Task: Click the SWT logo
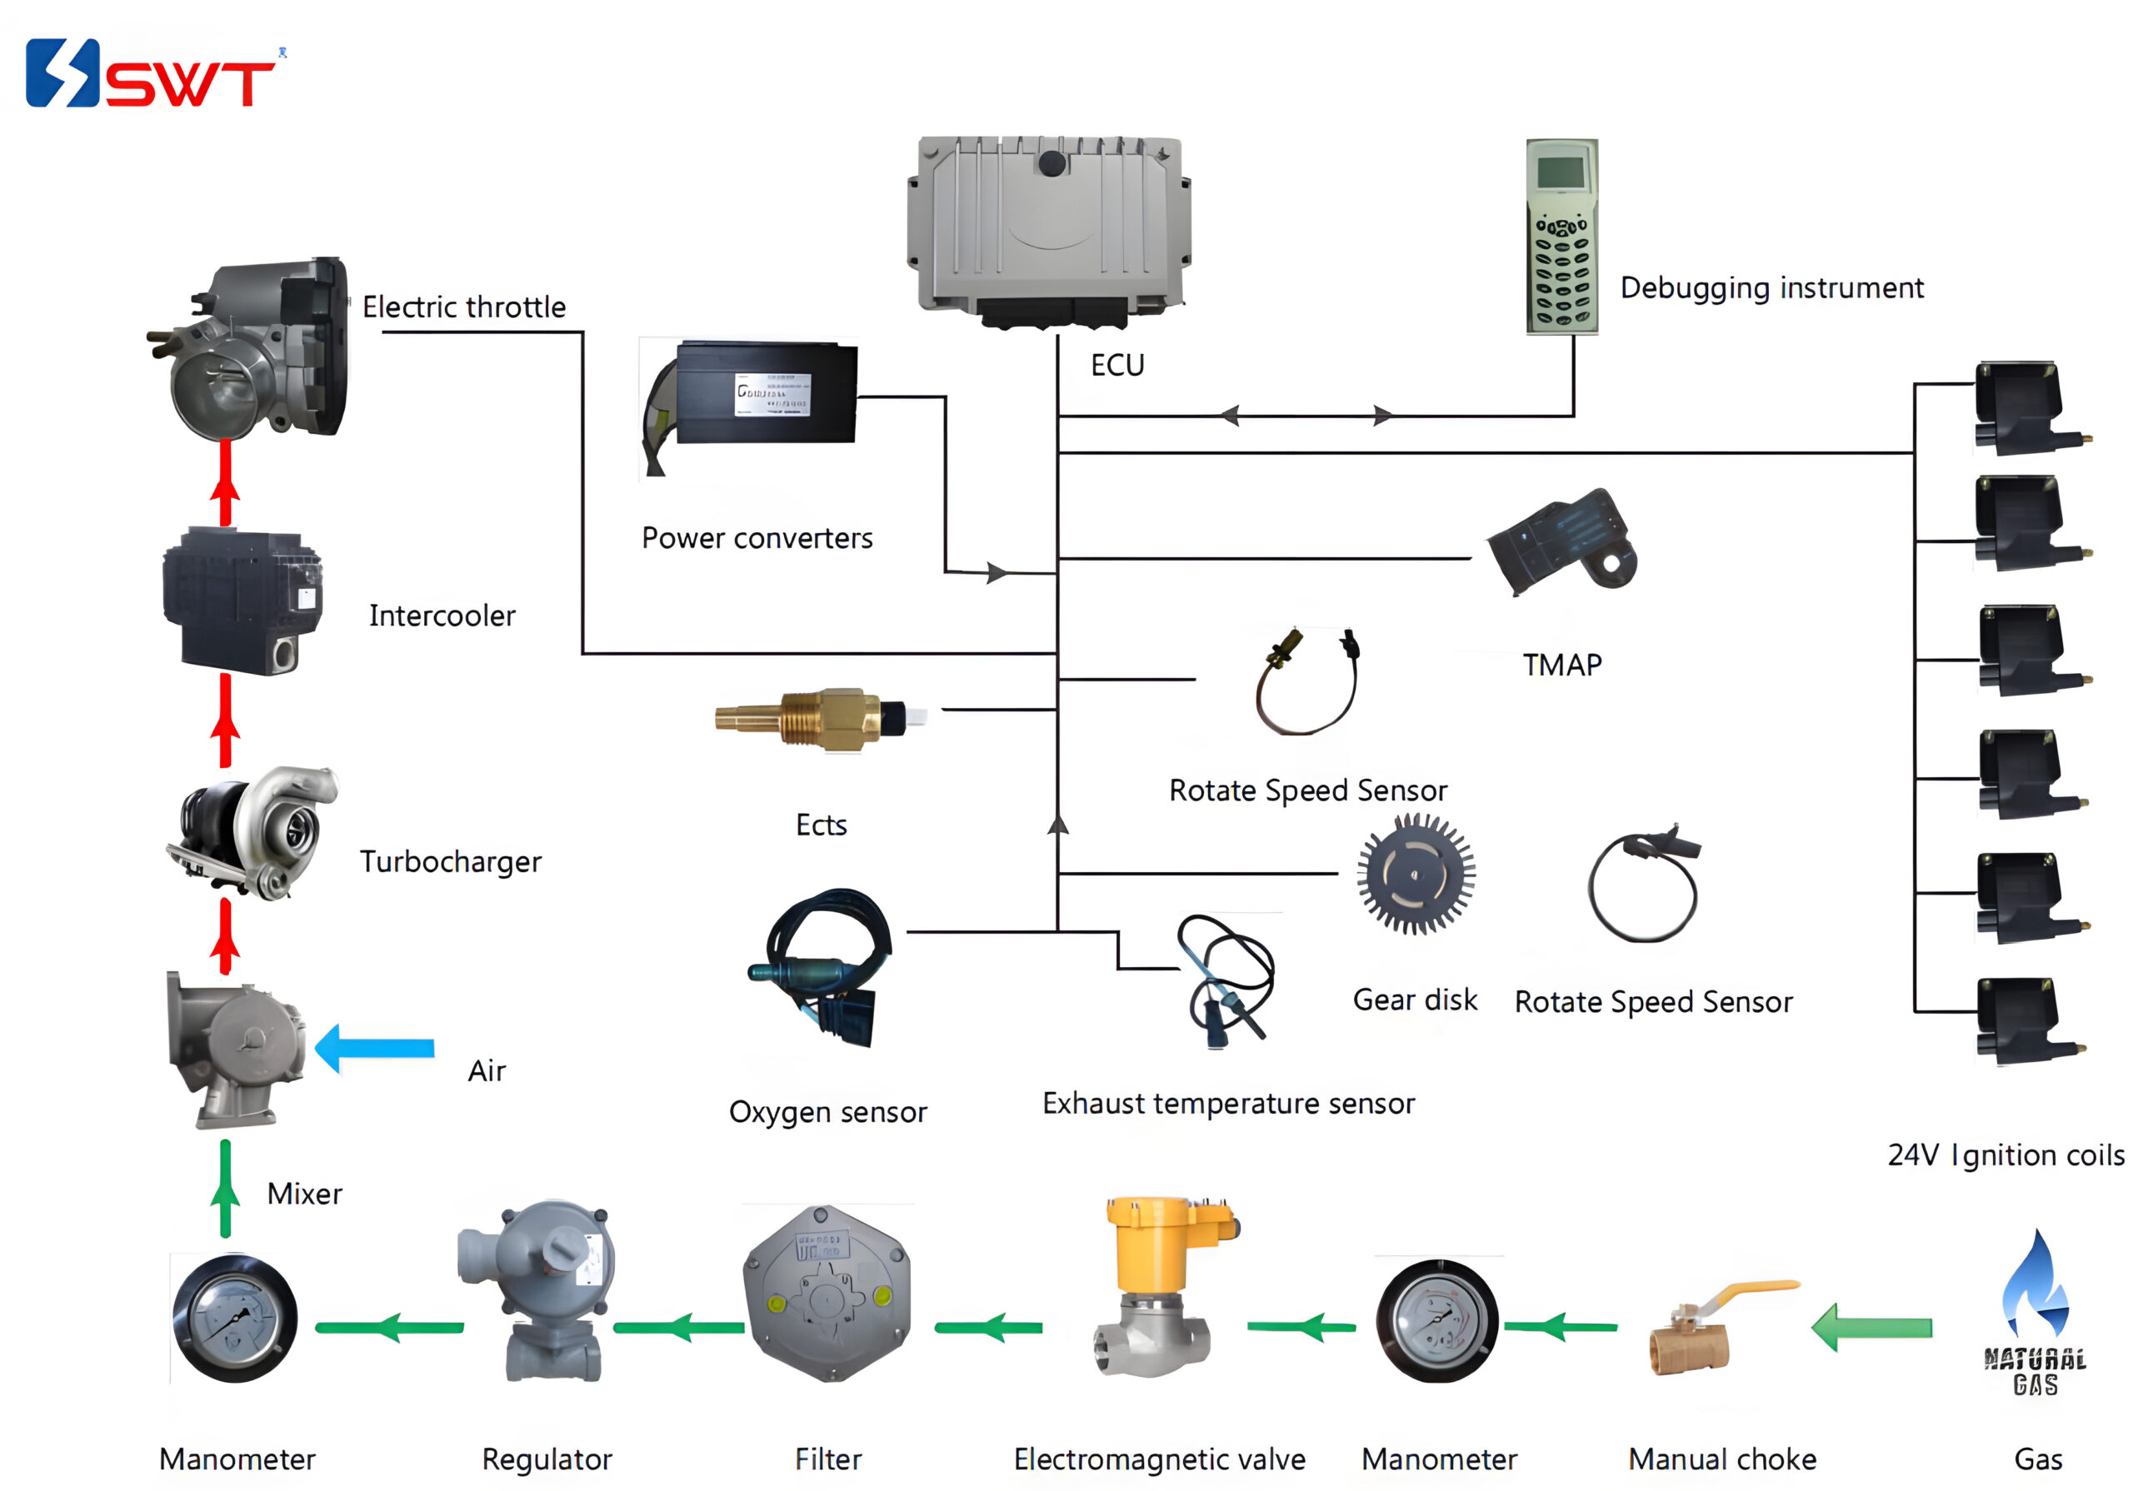(x=153, y=74)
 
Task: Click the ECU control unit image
(x=1050, y=227)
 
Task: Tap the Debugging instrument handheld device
(x=1561, y=236)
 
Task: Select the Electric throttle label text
(x=463, y=307)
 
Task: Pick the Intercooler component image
(x=242, y=601)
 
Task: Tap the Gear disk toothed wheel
(x=1415, y=873)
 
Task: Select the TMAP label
(x=1561, y=666)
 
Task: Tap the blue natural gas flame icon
(x=2035, y=1287)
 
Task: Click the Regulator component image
(x=543, y=1291)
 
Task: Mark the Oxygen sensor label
(x=827, y=1112)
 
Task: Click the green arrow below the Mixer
(x=225, y=1189)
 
